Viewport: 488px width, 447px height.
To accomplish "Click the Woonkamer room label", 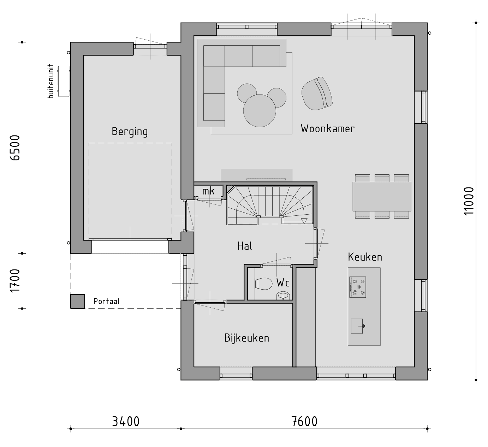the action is click(x=327, y=129).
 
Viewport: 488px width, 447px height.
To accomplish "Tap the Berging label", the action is click(x=130, y=132).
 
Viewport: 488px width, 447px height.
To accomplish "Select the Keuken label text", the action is click(x=365, y=257).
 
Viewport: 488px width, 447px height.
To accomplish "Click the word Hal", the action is click(x=244, y=246).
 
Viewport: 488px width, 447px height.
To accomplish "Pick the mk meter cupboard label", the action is click(x=208, y=191).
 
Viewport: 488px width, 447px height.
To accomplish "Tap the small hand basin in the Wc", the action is click(x=283, y=296).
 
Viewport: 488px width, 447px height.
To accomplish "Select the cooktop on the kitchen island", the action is click(x=358, y=287).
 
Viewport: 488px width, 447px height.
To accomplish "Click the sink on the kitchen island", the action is click(x=357, y=326).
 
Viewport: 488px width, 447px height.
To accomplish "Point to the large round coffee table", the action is click(x=260, y=111).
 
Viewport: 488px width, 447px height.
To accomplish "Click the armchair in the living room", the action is click(x=316, y=93).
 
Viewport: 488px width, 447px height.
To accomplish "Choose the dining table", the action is click(x=382, y=196).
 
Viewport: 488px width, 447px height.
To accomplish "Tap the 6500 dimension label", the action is click(x=15, y=148).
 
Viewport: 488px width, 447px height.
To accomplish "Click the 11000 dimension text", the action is click(x=469, y=201).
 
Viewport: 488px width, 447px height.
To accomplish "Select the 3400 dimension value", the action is click(x=126, y=422).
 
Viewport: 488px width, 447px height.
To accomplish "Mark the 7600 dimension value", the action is click(x=304, y=422).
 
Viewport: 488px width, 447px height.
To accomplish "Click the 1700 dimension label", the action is click(x=15, y=281).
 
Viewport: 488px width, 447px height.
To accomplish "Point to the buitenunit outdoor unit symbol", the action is click(x=64, y=81).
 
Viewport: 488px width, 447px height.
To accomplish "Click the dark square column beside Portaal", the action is click(x=78, y=302).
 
